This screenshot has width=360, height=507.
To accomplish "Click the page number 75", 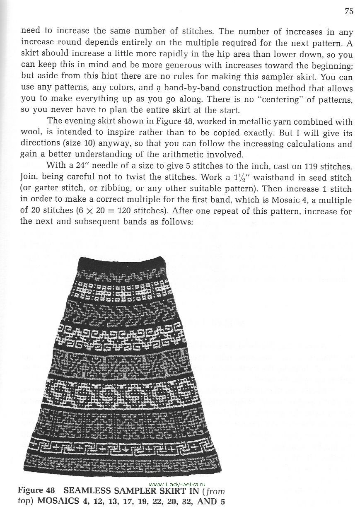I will point(349,11).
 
